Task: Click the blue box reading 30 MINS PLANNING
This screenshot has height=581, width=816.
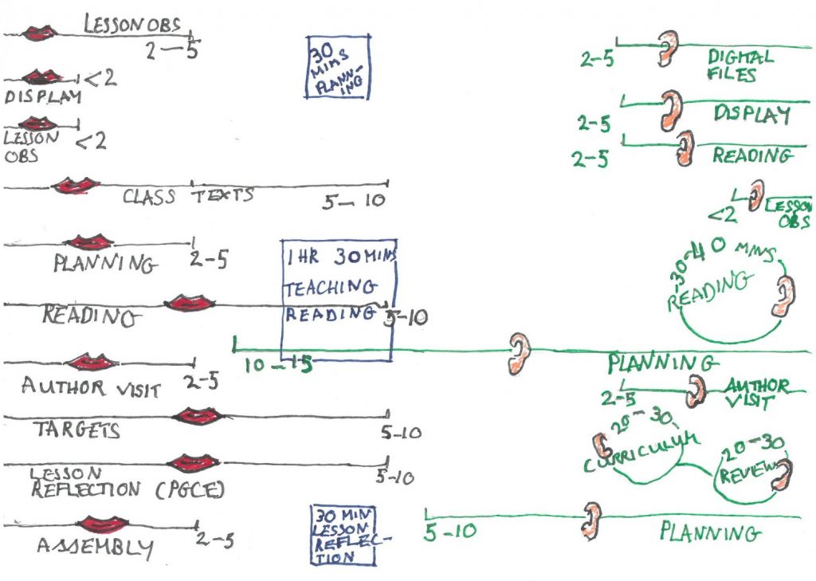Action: point(338,66)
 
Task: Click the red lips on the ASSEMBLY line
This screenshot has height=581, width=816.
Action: point(102,524)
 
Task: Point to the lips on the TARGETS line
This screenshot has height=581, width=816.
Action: point(197,415)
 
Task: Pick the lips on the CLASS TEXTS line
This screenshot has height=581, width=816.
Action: point(76,186)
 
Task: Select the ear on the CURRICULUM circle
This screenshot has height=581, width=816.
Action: point(600,446)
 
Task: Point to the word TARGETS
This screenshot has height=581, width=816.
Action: point(76,431)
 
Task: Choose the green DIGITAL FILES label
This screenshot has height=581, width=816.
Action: point(739,66)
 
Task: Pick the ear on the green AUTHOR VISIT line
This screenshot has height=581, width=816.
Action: point(696,391)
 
